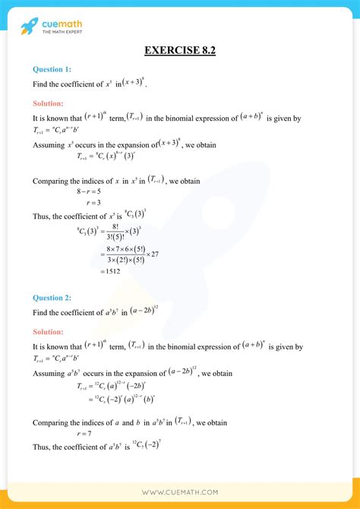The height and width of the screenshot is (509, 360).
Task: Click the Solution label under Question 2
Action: click(x=48, y=331)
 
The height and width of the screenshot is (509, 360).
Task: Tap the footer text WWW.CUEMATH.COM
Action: click(x=180, y=492)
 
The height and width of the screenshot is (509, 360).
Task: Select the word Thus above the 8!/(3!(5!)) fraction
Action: click(x=42, y=216)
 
